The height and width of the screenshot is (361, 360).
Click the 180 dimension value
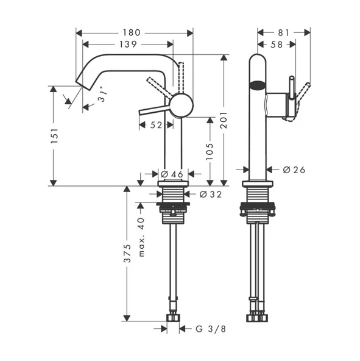[x=131, y=32]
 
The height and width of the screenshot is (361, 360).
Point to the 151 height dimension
[x=54, y=137]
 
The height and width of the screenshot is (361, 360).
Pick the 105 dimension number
[x=210, y=151]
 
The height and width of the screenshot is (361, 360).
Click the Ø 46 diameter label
[x=172, y=175]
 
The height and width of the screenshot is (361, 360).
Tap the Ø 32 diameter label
[x=210, y=195]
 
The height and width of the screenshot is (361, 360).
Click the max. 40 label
[x=141, y=237]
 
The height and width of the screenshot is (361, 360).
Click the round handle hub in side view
[x=181, y=105]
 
